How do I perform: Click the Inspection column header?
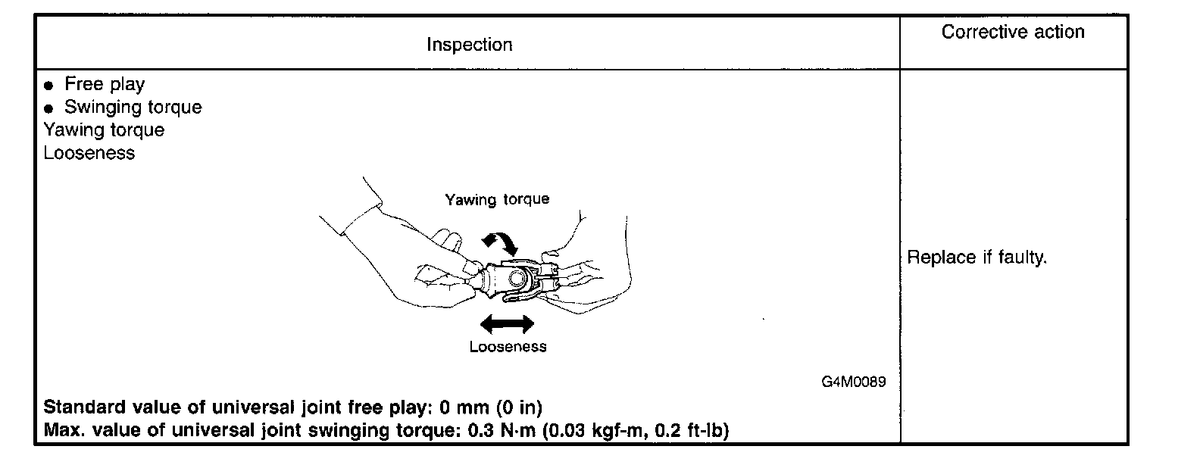coord(469,45)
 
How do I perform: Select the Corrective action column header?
coord(1013,32)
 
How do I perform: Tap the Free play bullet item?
coord(104,84)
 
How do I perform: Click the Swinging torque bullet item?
coord(133,107)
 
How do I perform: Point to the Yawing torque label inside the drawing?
coord(497,199)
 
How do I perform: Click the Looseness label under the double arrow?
coord(508,347)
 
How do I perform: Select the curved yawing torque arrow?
coord(501,242)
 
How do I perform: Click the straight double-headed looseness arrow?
coord(507,324)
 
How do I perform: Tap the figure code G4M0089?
coord(853,382)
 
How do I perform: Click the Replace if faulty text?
coord(977,257)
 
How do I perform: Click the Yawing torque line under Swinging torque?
coord(104,130)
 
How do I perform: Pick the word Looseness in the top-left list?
coord(89,152)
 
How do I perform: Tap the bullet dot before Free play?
coord(49,85)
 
